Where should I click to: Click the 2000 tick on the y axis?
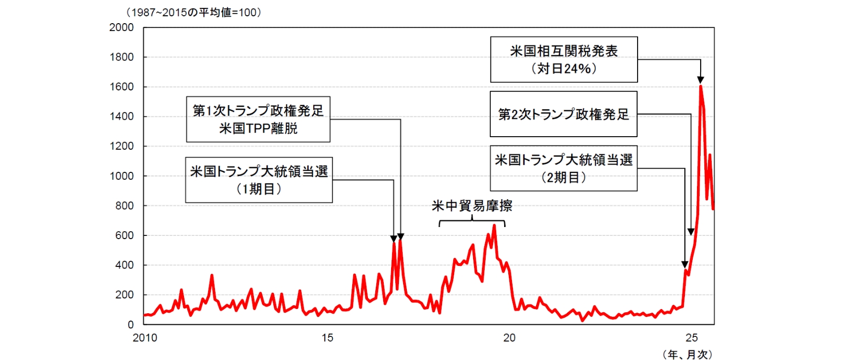point(121,27)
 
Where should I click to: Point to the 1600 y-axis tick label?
point(121,87)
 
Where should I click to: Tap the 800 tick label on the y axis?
point(125,205)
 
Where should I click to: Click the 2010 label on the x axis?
point(145,338)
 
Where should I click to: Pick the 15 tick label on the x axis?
point(327,338)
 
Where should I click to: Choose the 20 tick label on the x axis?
point(509,338)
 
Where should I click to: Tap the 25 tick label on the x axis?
point(692,338)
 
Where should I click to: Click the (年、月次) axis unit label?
point(688,355)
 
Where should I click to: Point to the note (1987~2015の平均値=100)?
point(193,12)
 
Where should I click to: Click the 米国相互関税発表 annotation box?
point(563,59)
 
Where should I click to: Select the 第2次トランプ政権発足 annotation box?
point(563,114)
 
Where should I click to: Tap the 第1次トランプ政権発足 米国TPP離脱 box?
point(258,119)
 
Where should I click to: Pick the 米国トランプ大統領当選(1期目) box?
point(259,180)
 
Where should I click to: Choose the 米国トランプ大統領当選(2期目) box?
point(563,168)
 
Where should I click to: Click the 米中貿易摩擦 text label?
point(472,205)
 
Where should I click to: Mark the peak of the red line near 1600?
point(701,86)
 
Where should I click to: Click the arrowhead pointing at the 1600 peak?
point(700,80)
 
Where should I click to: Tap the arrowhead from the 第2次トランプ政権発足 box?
point(691,232)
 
